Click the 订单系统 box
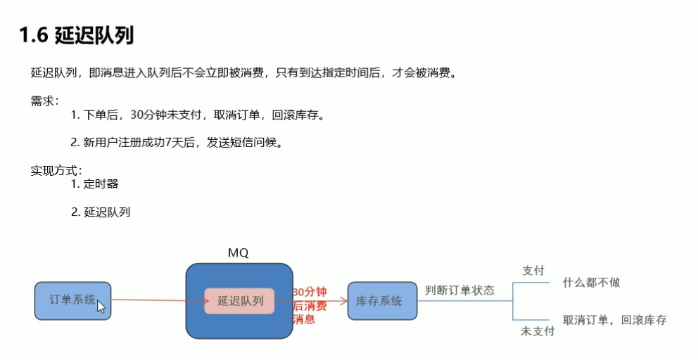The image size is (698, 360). [x=72, y=300]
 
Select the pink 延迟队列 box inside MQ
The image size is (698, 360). [x=239, y=301]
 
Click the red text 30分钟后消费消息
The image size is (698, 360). [x=310, y=305]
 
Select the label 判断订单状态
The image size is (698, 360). [x=459, y=290]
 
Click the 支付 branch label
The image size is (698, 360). [x=533, y=271]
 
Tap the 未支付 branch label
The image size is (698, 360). [x=537, y=330]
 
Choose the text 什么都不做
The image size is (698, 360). [x=591, y=283]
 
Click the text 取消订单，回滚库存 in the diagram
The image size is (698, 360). [x=614, y=320]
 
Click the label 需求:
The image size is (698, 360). [x=45, y=100]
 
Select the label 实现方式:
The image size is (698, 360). [x=56, y=170]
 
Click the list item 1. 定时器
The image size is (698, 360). [x=94, y=184]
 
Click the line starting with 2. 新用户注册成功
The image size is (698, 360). [x=176, y=142]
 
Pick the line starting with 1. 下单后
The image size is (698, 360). [x=197, y=115]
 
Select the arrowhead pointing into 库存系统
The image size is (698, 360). [x=344, y=301]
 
